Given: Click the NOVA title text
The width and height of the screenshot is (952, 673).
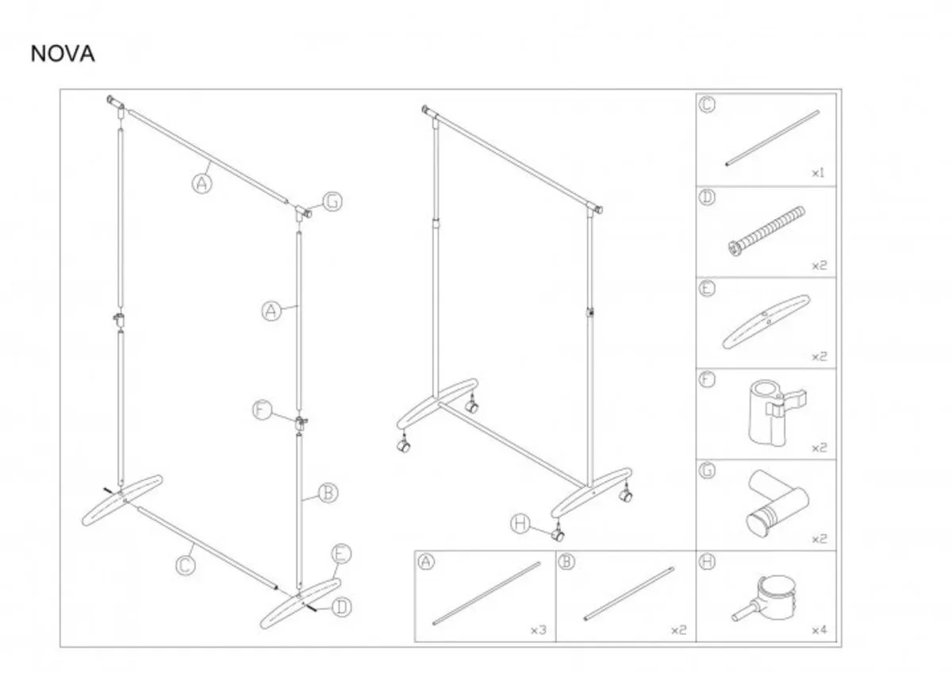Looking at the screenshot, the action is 63,54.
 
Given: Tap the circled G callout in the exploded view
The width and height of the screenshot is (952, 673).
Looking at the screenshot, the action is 332,201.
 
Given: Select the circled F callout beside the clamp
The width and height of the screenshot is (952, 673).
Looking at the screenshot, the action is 263,410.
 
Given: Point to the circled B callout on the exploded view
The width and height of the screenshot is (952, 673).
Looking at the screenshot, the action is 328,493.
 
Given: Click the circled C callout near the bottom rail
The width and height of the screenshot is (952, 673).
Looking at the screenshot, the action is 186,566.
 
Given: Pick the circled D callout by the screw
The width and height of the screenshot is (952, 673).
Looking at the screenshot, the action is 342,607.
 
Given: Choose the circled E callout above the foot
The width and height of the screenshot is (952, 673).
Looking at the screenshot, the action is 341,554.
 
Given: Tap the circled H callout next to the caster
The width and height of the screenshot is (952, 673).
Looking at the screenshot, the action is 520,524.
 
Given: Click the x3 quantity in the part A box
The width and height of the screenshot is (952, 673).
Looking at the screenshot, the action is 539,629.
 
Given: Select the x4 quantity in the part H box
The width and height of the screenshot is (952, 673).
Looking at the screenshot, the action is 820,629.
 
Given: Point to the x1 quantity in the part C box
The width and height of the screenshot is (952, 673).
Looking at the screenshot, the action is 818,173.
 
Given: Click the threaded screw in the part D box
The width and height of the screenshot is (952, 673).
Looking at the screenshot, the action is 766,231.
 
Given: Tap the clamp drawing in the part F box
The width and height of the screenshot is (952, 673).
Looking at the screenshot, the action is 777,413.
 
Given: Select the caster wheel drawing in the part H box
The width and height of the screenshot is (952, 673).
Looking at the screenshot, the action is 764,598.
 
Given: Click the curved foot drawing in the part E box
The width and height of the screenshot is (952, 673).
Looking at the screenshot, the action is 766,322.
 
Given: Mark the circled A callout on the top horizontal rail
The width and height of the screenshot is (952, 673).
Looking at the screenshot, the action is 202,183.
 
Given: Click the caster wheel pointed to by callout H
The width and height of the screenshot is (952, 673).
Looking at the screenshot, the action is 558,535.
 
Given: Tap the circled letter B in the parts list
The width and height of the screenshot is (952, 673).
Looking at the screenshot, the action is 566,562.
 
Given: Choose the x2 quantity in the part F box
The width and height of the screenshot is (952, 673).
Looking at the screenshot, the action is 820,448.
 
